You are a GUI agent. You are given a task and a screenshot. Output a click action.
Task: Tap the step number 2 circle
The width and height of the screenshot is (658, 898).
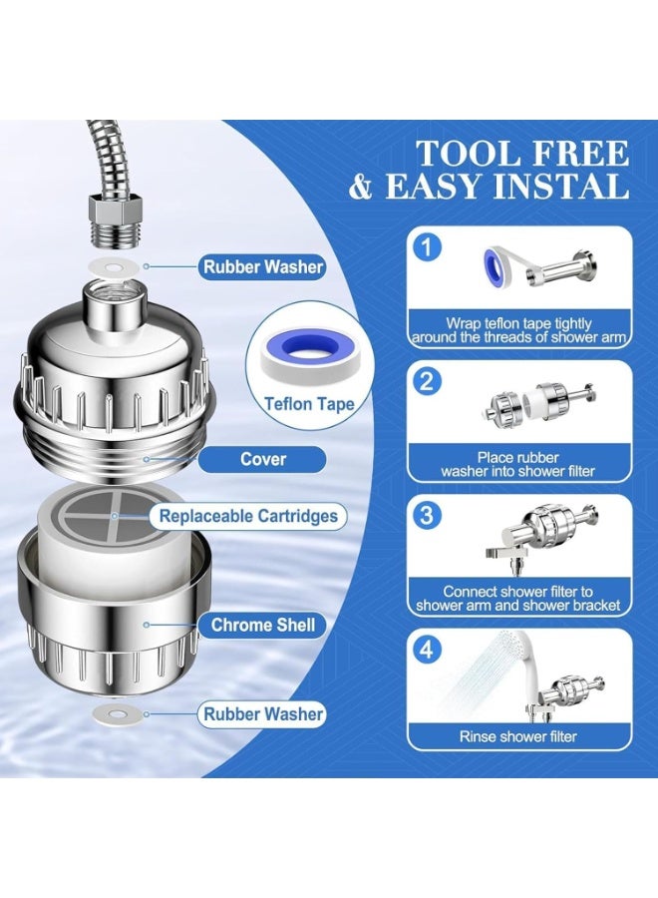point(427,381)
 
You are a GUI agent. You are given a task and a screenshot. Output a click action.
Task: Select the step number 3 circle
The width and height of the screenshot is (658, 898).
point(427,516)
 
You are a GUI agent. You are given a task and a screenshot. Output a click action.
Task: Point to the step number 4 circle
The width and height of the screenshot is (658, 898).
point(427,650)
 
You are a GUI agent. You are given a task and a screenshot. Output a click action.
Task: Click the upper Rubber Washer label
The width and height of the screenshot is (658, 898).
point(262,266)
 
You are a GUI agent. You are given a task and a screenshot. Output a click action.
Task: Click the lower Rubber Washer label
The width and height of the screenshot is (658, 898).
point(262,714)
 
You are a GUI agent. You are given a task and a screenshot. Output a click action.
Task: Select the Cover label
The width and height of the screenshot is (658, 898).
point(262,459)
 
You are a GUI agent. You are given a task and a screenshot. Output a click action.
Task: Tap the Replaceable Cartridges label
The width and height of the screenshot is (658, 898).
point(248,516)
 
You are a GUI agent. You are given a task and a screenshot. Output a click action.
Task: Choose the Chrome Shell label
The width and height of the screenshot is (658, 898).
point(262,625)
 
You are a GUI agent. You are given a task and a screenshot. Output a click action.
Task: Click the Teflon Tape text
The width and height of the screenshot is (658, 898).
point(309,404)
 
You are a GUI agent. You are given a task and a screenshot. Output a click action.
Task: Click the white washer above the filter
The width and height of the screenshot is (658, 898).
point(114,266)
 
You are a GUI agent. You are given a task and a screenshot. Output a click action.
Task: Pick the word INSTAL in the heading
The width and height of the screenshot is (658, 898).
point(561,186)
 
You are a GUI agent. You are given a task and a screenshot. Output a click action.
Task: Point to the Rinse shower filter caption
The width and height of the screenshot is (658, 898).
point(517,736)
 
